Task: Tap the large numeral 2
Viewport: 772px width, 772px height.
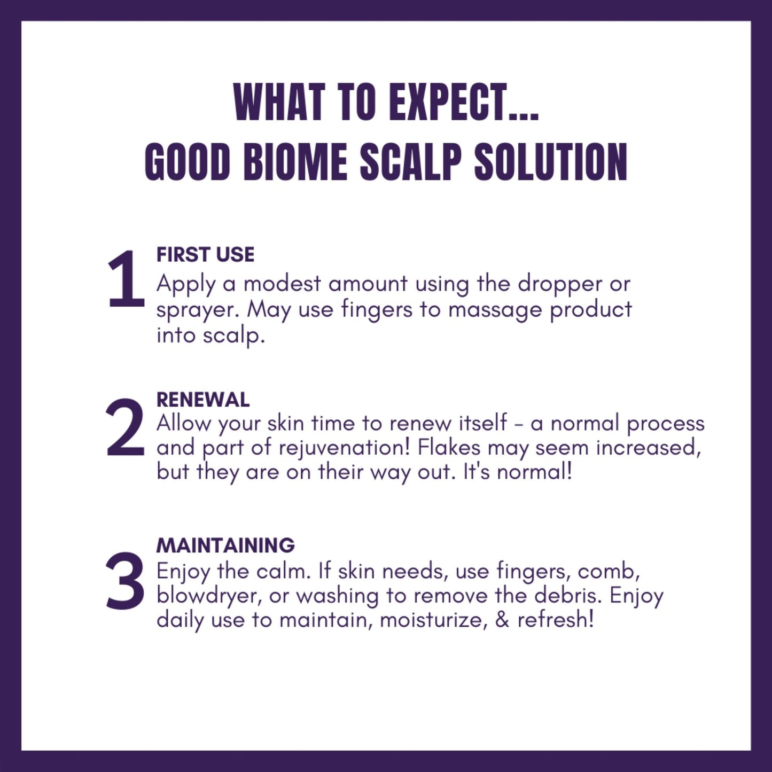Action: click(x=126, y=428)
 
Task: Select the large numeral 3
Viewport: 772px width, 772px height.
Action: click(x=126, y=582)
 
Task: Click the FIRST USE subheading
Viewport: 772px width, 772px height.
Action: click(x=205, y=255)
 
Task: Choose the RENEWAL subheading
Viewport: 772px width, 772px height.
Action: click(x=203, y=400)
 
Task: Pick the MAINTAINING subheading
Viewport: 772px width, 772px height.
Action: click(x=225, y=545)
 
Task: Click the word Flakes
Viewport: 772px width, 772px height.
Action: click(x=449, y=447)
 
